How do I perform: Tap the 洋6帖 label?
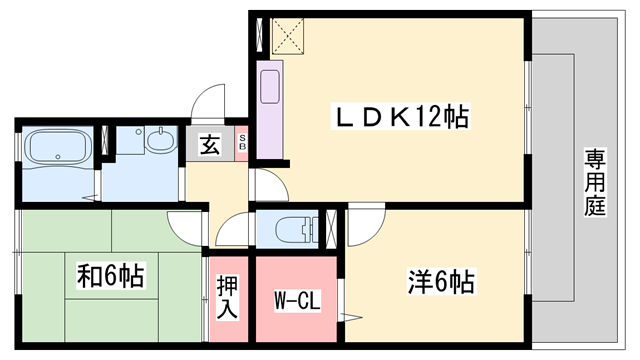pos(440,282)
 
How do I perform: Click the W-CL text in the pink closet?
pos(297,300)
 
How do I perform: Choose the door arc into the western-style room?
pos(361,226)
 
